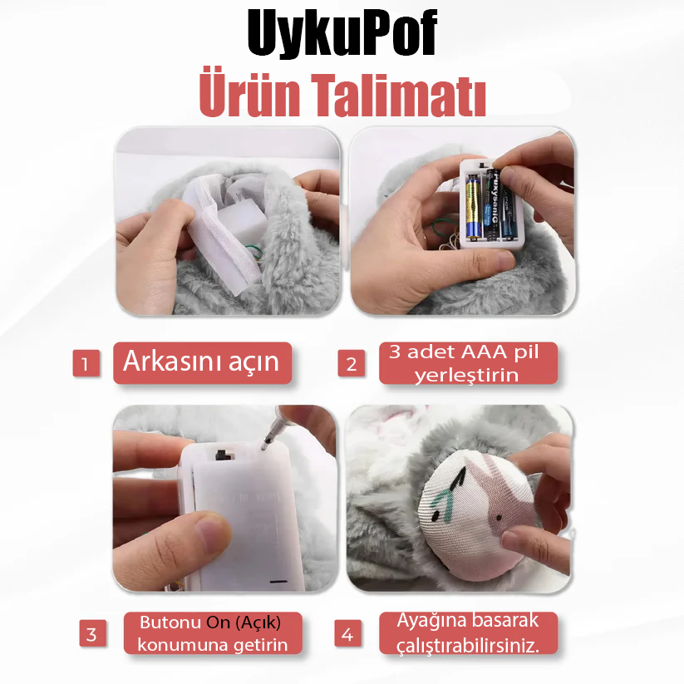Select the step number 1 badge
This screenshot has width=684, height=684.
[86, 363]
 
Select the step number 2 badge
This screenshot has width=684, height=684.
[351, 363]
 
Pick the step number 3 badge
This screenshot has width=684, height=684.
[91, 634]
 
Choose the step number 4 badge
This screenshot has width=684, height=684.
[347, 635]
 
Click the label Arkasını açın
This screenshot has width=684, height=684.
[202, 362]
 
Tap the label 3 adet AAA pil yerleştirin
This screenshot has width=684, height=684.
[467, 363]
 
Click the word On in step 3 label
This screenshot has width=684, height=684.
[219, 622]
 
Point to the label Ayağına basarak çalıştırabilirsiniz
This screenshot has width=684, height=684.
[467, 633]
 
